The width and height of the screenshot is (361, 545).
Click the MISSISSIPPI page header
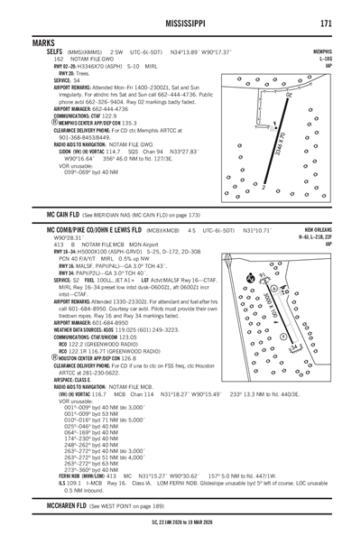pos(180,22)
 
